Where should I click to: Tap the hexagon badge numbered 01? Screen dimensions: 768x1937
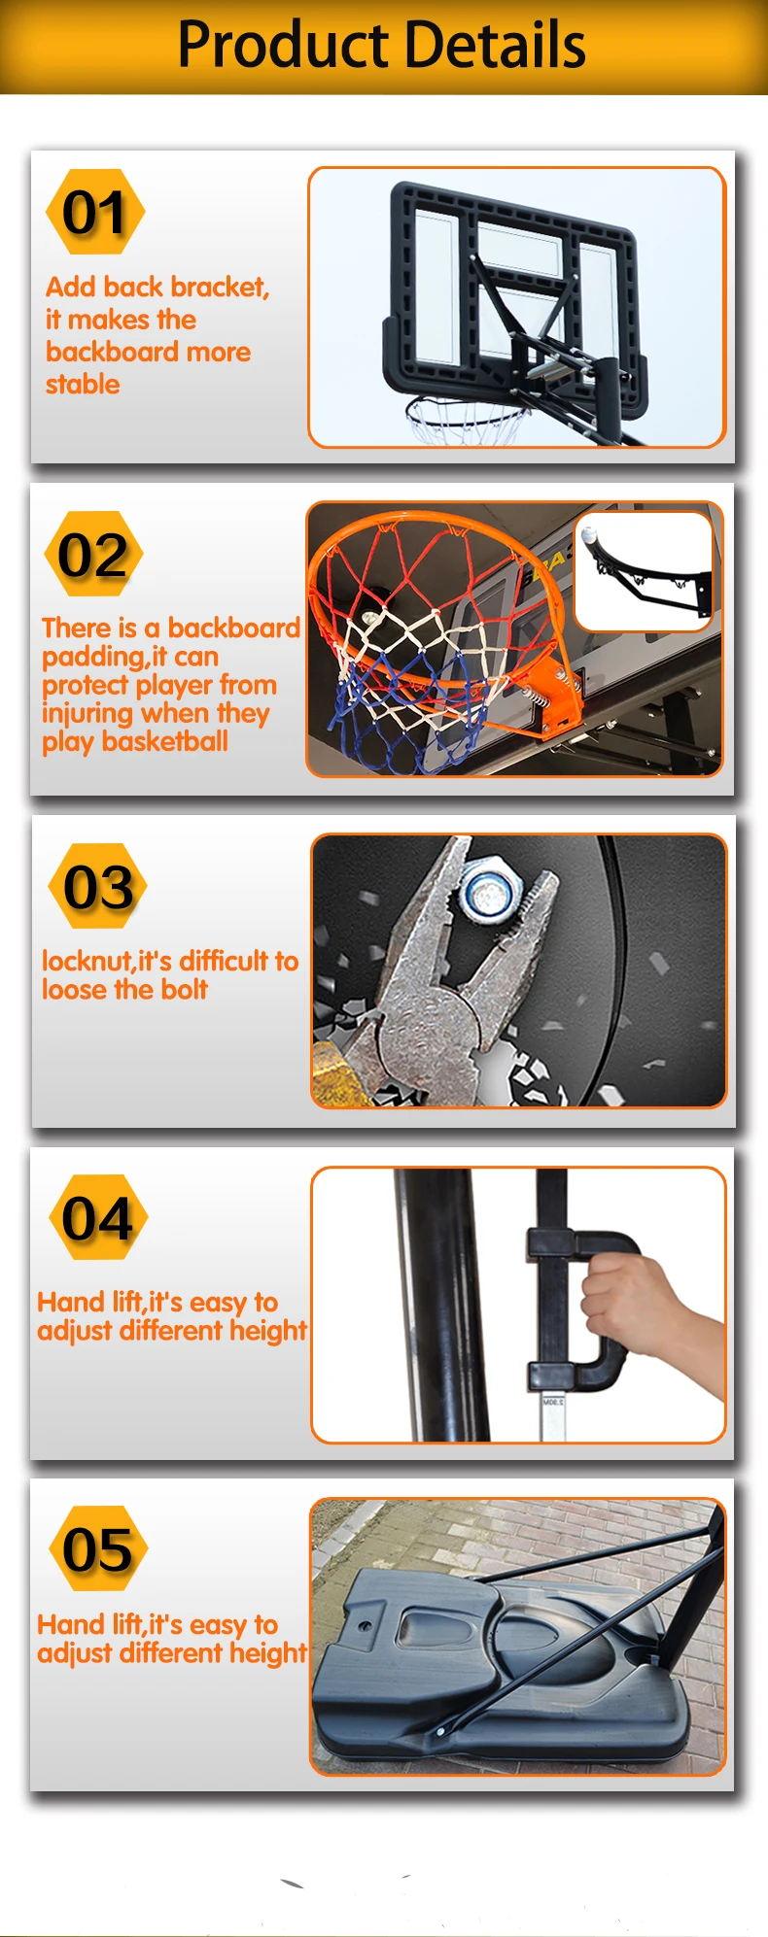tap(95, 212)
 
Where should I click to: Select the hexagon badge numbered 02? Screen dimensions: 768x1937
tap(93, 554)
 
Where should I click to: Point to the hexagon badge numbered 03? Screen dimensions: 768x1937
tap(98, 886)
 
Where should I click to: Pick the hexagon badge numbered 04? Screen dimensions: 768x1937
tap(97, 1217)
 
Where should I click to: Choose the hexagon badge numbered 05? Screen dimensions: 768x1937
tap(98, 1548)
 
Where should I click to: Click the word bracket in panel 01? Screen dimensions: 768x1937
tap(213, 288)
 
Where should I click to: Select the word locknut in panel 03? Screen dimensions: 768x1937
tap(87, 961)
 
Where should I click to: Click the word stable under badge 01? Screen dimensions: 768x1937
tap(83, 385)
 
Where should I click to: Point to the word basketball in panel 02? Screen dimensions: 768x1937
tap(164, 741)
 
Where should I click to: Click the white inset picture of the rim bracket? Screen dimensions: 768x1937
tap(644, 571)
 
